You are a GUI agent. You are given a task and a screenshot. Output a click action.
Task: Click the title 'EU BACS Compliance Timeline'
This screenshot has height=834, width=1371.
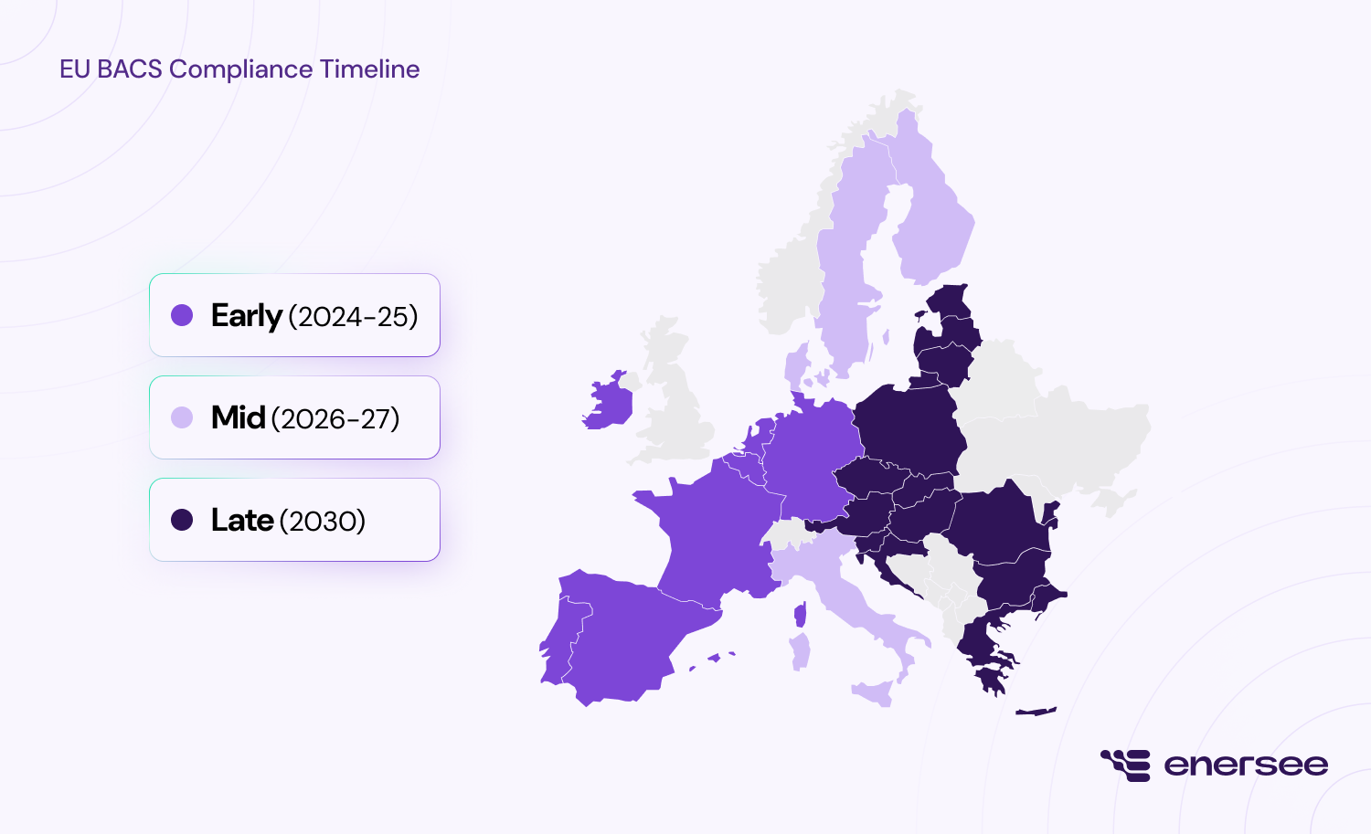(x=239, y=69)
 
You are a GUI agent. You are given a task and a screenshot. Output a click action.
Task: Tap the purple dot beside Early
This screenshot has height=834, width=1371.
(x=182, y=315)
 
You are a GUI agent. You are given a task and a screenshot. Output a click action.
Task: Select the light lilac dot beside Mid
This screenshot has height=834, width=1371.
(x=182, y=417)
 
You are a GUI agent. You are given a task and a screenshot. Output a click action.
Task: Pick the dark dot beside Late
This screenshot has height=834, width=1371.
(x=182, y=520)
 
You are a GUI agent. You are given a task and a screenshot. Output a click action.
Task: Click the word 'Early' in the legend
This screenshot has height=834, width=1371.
(x=246, y=316)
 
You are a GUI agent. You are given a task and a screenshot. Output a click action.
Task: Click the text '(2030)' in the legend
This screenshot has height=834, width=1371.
(x=323, y=521)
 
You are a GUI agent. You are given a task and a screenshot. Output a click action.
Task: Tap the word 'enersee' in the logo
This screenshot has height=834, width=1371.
(x=1246, y=765)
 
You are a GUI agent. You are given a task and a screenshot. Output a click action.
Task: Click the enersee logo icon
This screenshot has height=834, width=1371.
(x=1125, y=765)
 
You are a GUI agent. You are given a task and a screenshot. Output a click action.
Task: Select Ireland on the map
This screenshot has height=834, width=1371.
(x=608, y=403)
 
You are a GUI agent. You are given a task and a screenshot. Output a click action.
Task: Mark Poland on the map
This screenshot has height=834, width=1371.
(x=909, y=429)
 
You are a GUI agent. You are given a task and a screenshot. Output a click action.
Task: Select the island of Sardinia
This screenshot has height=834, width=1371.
(x=801, y=652)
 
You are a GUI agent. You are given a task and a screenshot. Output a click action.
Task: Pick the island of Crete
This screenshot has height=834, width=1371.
(x=1036, y=712)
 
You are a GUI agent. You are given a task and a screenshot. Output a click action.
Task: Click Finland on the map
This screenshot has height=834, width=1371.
(x=932, y=219)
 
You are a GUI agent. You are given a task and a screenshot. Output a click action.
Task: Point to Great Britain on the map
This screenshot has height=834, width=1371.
(x=676, y=402)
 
